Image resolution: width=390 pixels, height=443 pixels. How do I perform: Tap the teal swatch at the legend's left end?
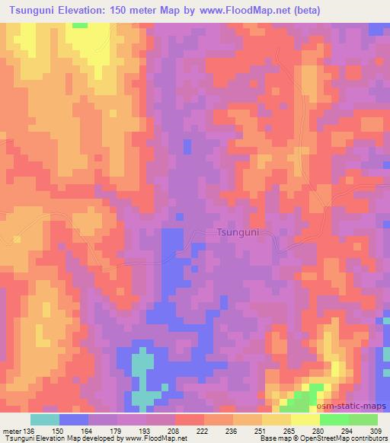click(x=45, y=419)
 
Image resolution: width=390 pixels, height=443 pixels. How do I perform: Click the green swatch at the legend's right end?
click(x=363, y=419)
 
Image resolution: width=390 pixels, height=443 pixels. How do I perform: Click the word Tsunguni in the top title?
click(x=30, y=11)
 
